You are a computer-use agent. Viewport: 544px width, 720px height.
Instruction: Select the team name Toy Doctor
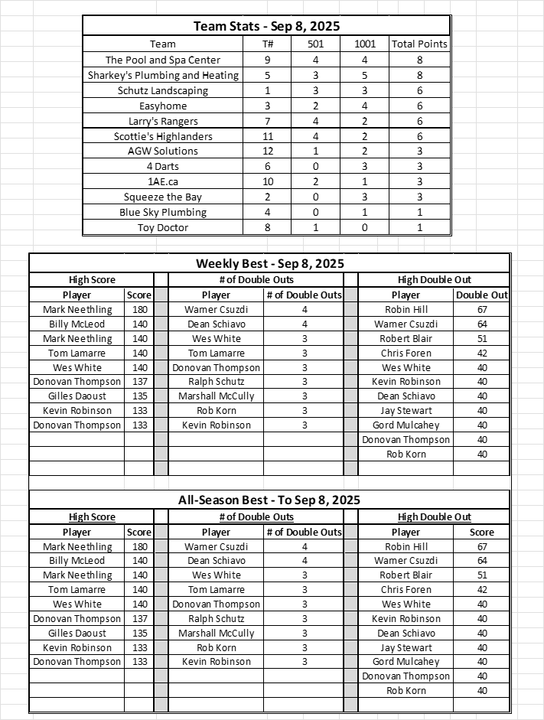point(162,227)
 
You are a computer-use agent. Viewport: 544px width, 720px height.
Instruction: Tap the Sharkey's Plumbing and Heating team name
point(162,75)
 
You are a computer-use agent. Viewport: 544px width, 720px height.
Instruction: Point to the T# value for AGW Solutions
point(267,151)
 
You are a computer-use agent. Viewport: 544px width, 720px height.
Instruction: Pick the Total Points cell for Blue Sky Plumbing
point(419,212)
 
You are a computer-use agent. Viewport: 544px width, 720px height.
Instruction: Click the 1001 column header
point(365,44)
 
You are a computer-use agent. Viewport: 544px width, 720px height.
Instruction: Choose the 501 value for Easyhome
point(315,106)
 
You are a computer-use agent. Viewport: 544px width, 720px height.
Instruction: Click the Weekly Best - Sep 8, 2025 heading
point(269,263)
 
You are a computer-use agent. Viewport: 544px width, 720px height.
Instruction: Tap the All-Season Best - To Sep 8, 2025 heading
point(269,500)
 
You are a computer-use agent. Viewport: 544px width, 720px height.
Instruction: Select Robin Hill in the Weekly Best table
point(406,310)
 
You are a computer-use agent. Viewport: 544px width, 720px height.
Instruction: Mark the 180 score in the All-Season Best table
point(138,546)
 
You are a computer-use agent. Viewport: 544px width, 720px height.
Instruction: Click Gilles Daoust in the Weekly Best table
point(77,396)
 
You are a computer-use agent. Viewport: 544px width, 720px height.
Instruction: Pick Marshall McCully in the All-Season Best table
point(216,633)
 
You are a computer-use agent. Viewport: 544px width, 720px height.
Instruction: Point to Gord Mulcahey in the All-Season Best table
point(406,661)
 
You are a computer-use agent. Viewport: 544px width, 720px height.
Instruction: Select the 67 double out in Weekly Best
point(481,310)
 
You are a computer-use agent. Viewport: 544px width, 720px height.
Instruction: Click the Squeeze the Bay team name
point(162,197)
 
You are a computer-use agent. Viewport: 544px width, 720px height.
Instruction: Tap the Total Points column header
point(419,44)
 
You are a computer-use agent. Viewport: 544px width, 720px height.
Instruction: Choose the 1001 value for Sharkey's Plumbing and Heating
point(365,75)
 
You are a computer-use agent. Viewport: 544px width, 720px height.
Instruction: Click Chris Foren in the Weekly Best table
point(406,353)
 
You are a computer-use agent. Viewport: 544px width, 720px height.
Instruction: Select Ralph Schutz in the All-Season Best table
point(216,618)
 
